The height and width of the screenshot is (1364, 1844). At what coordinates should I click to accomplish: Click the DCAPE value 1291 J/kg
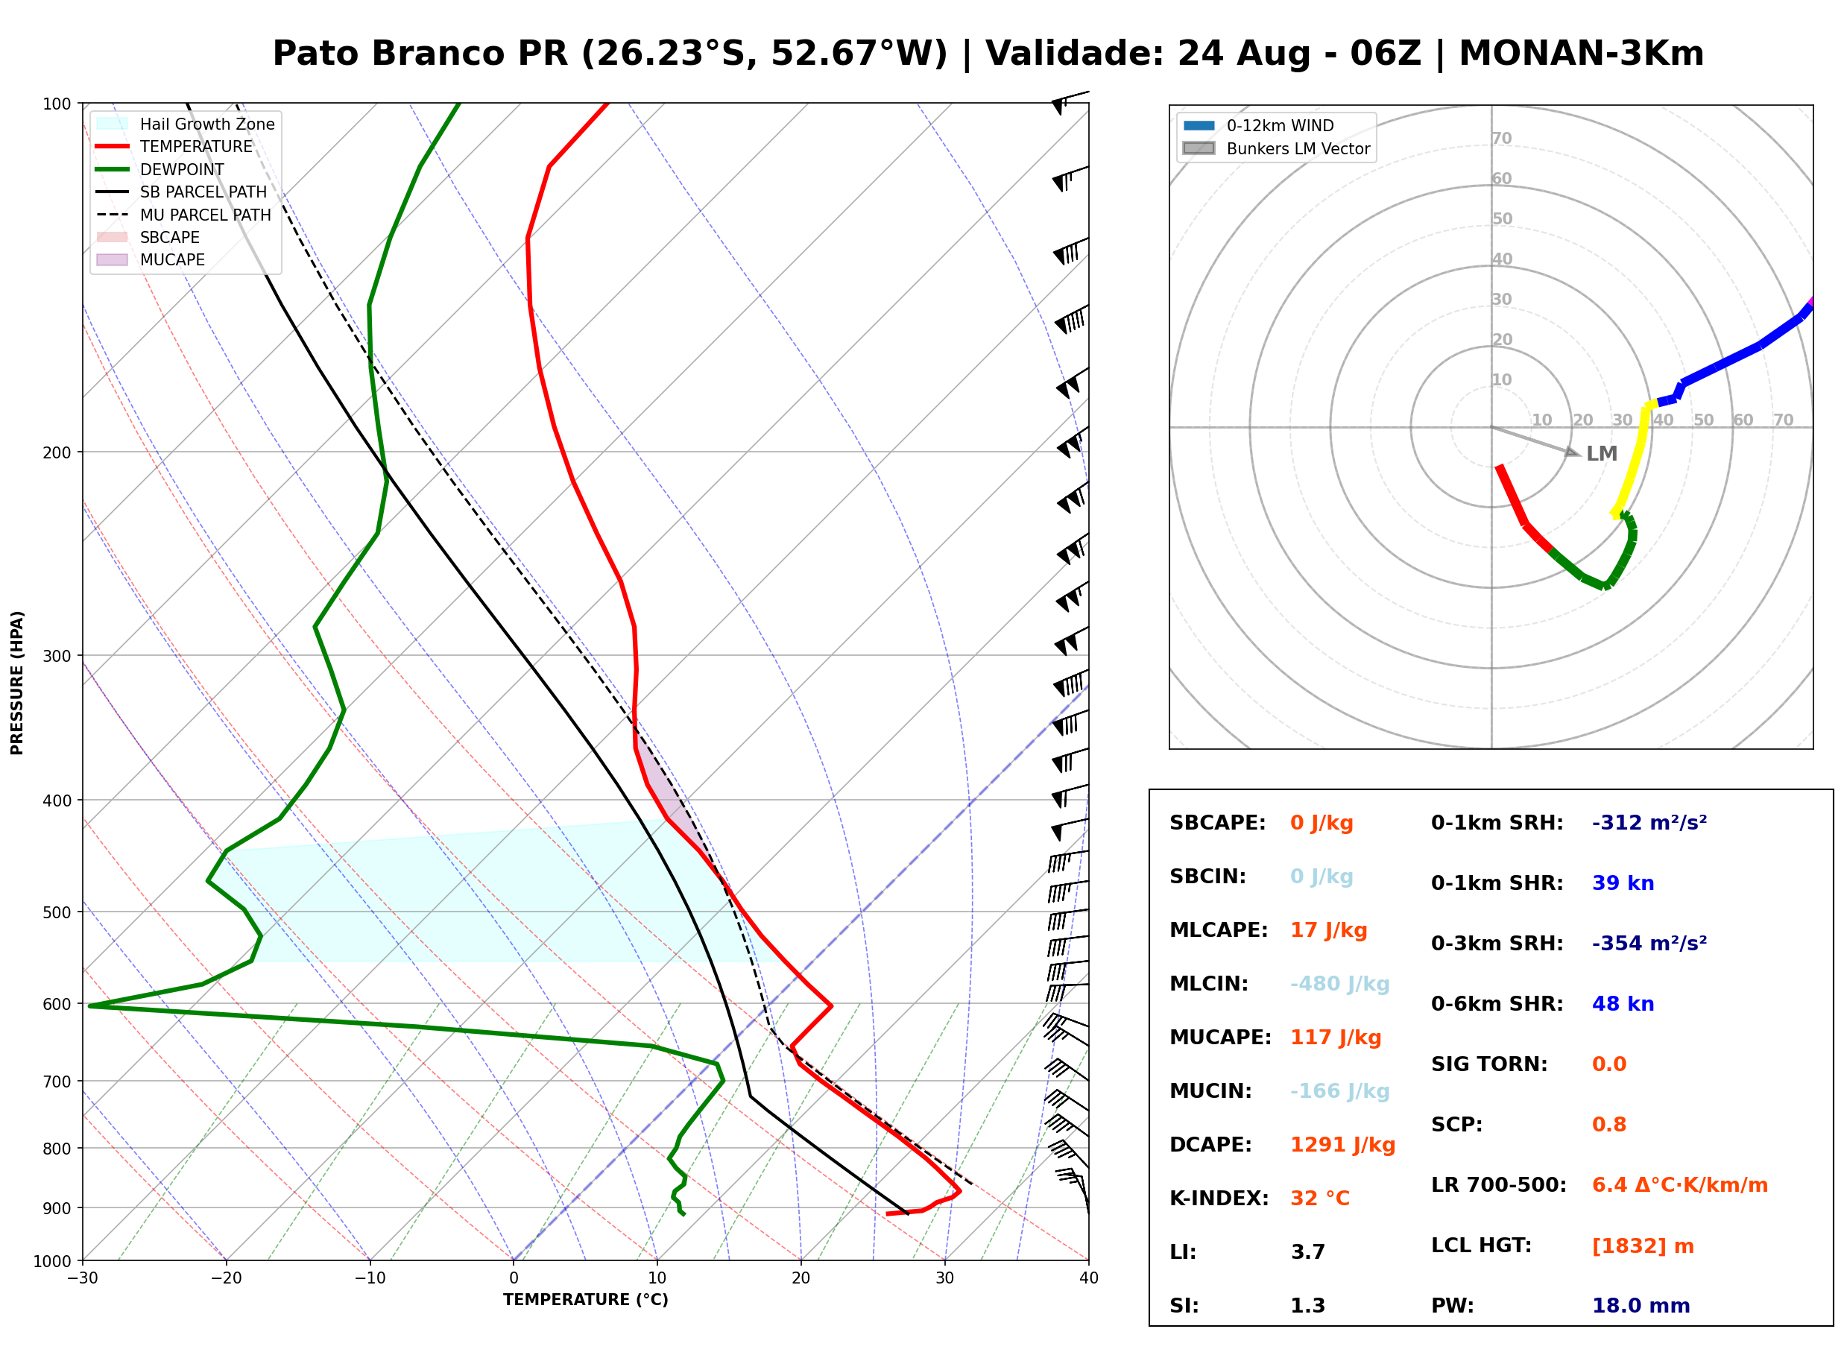pyautogui.click(x=1342, y=1145)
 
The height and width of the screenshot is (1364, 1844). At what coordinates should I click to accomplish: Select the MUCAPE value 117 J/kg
pyautogui.click(x=1336, y=1038)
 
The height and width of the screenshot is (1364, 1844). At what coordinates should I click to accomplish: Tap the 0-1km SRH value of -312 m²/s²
pyautogui.click(x=1649, y=823)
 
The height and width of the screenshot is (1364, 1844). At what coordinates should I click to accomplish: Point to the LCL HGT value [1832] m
pyautogui.click(x=1643, y=1247)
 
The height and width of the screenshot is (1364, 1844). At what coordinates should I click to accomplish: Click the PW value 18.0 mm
pyautogui.click(x=1640, y=1306)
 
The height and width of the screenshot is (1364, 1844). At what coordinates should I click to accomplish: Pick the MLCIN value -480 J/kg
pyautogui.click(x=1339, y=984)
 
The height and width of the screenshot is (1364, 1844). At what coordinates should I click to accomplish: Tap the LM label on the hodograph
pyautogui.click(x=1601, y=454)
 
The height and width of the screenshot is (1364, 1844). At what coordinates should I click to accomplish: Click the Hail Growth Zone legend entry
pyautogui.click(x=185, y=124)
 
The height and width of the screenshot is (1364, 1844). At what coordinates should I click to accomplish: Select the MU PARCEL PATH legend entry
pyautogui.click(x=183, y=215)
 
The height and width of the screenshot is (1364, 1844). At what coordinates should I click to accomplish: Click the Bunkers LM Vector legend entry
pyautogui.click(x=1276, y=148)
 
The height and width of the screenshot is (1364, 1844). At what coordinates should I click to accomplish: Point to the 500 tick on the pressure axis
pyautogui.click(x=59, y=912)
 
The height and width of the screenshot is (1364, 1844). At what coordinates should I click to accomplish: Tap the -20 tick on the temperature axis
pyautogui.click(x=225, y=1278)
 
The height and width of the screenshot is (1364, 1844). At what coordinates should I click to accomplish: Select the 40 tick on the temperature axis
pyautogui.click(x=1088, y=1278)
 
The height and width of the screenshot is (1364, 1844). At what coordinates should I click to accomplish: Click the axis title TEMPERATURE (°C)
pyautogui.click(x=585, y=1301)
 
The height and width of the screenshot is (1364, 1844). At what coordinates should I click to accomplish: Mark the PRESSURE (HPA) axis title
pyautogui.click(x=17, y=683)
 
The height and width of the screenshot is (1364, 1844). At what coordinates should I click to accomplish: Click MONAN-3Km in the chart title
pyautogui.click(x=1581, y=54)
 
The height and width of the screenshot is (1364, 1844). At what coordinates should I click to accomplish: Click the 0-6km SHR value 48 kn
pyautogui.click(x=1623, y=1005)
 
